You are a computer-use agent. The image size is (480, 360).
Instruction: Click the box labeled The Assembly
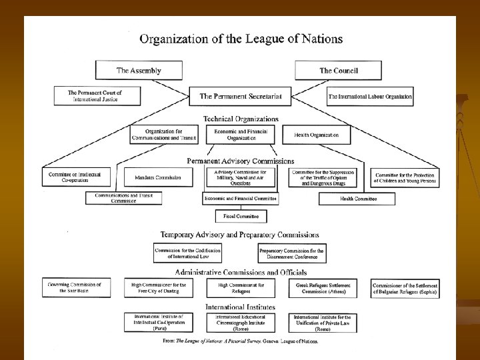(x=139, y=70)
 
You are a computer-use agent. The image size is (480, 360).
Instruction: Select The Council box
(x=336, y=70)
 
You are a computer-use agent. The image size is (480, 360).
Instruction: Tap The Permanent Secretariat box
(x=241, y=97)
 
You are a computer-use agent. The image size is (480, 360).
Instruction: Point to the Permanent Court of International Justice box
(x=98, y=95)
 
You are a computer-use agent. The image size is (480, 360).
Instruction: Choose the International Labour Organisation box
(x=371, y=97)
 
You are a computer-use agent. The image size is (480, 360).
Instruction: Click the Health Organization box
(x=317, y=135)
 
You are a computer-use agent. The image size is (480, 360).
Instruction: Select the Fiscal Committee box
(x=241, y=217)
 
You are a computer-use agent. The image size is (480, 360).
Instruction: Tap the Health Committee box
(x=359, y=199)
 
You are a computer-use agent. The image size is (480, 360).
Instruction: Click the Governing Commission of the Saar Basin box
(x=75, y=287)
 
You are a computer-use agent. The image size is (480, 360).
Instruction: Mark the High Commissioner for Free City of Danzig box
(x=158, y=287)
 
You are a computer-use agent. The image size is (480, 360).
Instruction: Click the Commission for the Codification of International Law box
(x=187, y=253)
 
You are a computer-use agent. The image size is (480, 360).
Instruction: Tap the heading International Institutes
(x=241, y=306)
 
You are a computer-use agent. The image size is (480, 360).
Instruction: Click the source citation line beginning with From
(x=241, y=341)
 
